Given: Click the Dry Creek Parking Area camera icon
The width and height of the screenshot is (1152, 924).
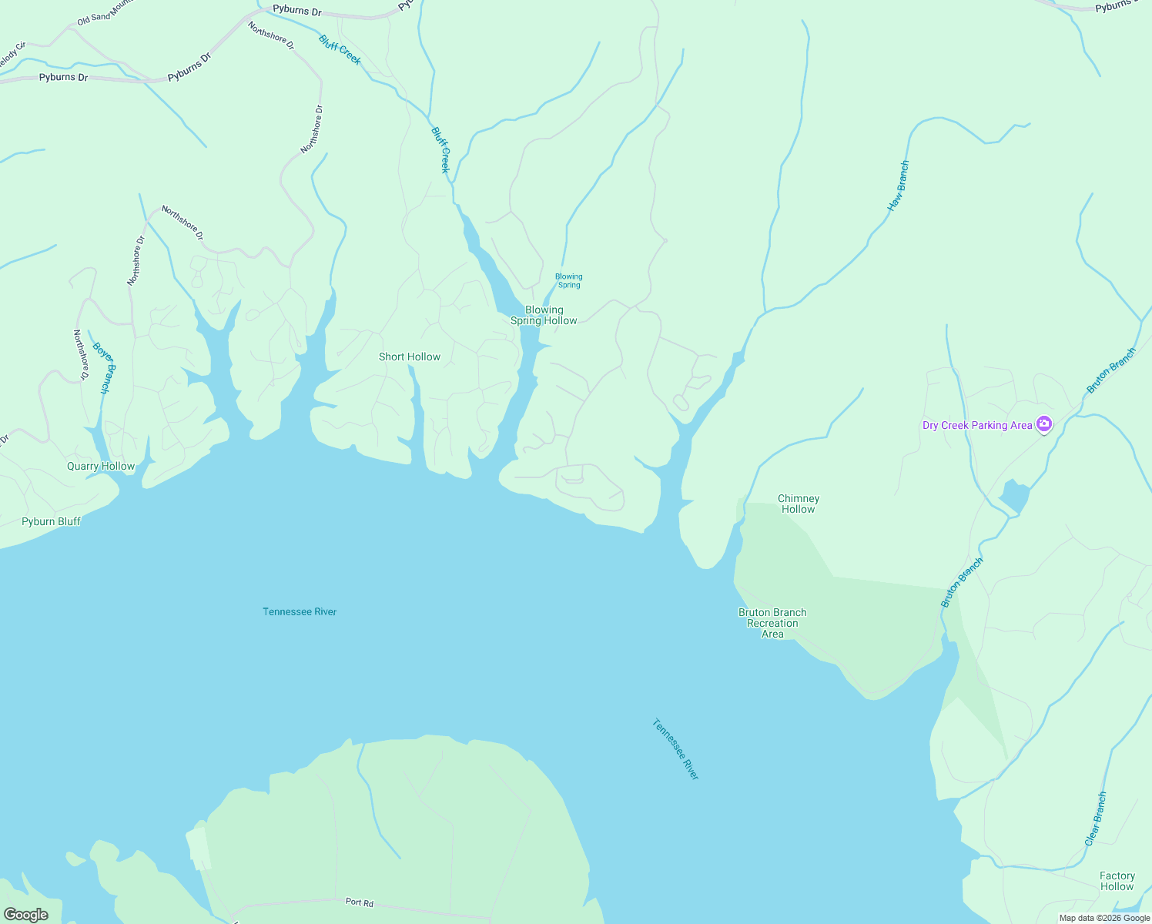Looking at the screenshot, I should point(1044,424).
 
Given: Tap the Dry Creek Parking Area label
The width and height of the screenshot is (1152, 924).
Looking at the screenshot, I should point(977,425).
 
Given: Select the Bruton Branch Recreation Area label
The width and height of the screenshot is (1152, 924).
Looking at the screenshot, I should point(772,623).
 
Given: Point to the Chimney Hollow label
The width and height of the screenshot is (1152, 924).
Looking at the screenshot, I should point(799,504).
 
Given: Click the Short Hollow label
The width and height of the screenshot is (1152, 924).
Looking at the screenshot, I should point(410,357).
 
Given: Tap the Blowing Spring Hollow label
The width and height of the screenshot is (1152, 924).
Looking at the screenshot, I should point(544,316).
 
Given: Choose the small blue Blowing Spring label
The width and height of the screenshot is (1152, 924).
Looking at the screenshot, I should point(569,280).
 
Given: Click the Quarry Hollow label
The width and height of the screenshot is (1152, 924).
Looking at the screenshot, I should point(101,466).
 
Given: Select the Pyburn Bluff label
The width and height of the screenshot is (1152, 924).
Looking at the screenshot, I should point(52,521).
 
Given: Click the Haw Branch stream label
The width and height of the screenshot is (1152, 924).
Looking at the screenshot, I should point(899,186).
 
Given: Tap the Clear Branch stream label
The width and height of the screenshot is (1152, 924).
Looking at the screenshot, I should point(1096,819).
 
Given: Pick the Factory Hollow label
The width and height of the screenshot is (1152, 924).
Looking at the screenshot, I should point(1117,881).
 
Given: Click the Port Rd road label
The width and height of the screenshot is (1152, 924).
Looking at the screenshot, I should point(360,902).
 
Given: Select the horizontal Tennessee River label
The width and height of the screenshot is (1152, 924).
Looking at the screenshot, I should point(300,611).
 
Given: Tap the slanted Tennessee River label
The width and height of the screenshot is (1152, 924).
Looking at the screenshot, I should point(675,749).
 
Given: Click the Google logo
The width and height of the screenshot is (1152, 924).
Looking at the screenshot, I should point(26,915).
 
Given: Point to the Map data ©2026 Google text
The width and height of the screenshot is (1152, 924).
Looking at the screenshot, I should point(1104,918).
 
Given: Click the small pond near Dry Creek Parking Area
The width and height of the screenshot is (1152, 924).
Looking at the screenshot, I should point(1014,496).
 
